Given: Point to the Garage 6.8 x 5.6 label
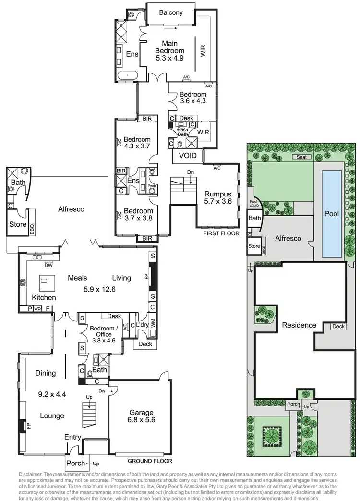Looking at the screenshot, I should coord(141,416).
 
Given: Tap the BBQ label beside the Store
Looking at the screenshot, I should coord(33,228).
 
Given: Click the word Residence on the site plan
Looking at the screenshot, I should coord(299,325).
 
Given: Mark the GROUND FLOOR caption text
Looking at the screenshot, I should coord(150,461).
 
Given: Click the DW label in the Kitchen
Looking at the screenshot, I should coord(48,265).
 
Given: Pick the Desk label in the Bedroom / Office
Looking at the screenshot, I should coord(114,316).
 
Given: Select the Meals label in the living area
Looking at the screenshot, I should coord(77,278).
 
